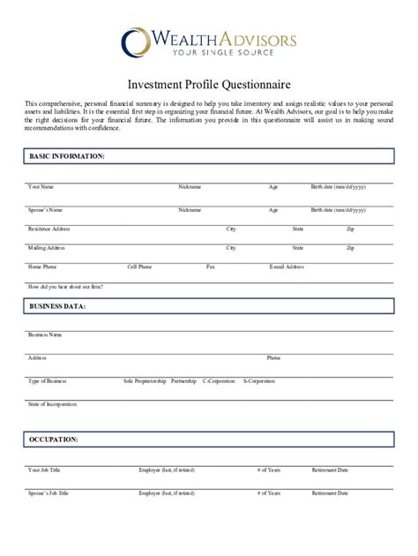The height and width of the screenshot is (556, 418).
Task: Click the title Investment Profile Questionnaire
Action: [x=209, y=86]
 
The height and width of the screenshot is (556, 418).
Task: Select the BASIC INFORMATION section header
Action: [x=67, y=155]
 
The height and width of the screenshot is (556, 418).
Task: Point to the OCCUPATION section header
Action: [x=54, y=439]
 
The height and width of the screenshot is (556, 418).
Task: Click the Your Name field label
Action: [x=41, y=187]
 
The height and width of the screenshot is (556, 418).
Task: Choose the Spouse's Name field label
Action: [x=45, y=210]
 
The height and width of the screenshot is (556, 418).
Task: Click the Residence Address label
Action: [x=49, y=229]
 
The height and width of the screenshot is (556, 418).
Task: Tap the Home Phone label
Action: [x=42, y=267]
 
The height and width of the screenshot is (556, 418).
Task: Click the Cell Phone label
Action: [x=139, y=267]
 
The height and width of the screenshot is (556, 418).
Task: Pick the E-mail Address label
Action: [x=287, y=267]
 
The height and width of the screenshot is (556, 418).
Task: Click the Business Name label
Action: [x=45, y=334]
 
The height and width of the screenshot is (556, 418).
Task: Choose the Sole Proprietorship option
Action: [x=145, y=381]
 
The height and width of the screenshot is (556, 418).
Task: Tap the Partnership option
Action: [x=183, y=381]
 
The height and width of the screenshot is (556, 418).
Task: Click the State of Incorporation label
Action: [x=52, y=404]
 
